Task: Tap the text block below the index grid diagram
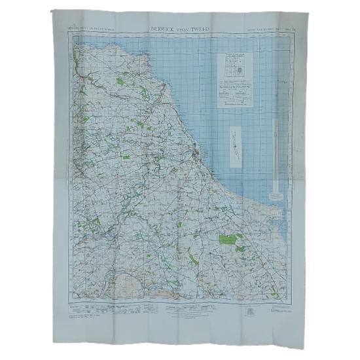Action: [x=234, y=96]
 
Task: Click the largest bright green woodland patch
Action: [x=228, y=242]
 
